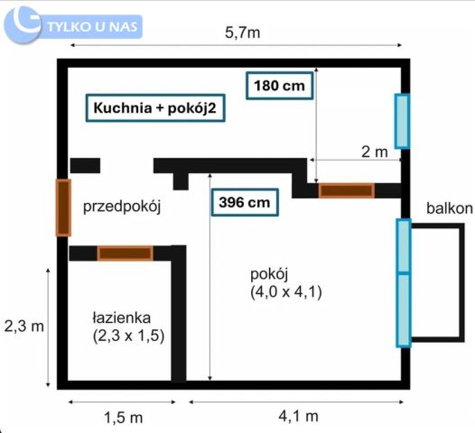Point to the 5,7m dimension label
coord(243,33)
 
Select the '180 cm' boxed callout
coord(279,86)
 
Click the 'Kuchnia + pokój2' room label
coord(155,108)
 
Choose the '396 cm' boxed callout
coord(244,202)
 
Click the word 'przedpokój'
coord(121,207)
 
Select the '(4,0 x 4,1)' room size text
coord(288,291)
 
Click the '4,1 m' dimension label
coord(295,416)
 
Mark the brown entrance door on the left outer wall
coord(63,207)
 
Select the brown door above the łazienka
coord(125,253)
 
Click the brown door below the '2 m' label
coord(346,190)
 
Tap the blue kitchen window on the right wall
coord(402,121)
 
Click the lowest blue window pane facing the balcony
coord(403,310)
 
